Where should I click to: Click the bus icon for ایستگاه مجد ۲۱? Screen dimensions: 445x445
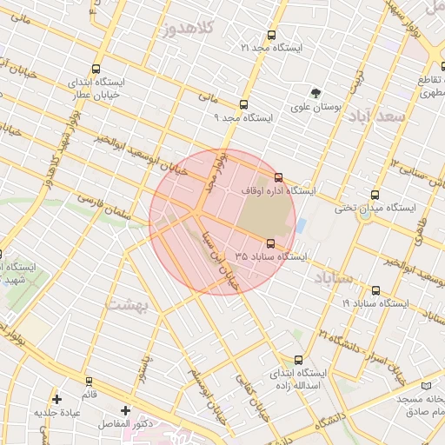coord(272,36)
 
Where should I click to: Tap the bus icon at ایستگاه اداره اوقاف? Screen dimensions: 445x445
coord(278,177)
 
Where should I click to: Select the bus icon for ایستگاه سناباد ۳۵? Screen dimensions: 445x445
coord(271,243)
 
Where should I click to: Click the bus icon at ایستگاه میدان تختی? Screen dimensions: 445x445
coord(375,195)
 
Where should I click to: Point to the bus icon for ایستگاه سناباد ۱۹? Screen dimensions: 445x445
coord(375,291)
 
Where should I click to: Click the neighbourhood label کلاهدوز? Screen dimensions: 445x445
coord(189,29)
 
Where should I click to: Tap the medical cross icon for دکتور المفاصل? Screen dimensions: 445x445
coord(126,410)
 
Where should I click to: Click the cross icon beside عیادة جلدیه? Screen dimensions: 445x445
coord(57,400)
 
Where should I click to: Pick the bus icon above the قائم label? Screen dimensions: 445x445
coord(89,382)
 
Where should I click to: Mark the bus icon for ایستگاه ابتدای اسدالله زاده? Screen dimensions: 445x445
coord(299,360)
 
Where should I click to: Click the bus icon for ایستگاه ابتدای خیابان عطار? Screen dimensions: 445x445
coord(95,69)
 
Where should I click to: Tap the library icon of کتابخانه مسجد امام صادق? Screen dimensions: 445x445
coord(426,385)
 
